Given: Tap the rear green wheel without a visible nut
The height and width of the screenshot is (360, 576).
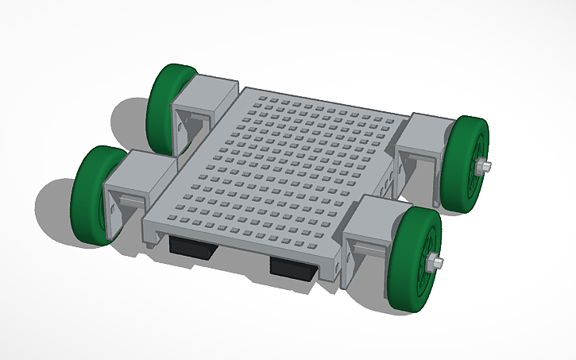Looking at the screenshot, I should tap(168, 103).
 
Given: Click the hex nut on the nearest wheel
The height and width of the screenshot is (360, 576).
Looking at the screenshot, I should tap(435, 263).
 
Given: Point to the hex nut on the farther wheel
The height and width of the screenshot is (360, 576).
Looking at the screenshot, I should tap(484, 167).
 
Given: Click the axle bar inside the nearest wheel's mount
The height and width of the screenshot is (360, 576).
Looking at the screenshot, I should tap(369, 251).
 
